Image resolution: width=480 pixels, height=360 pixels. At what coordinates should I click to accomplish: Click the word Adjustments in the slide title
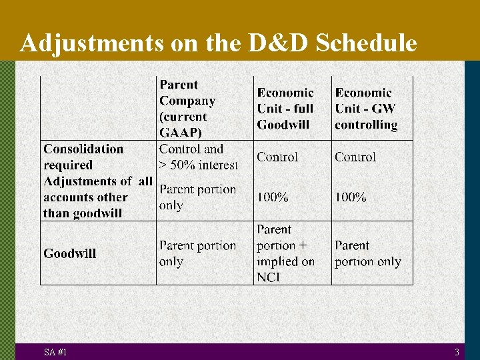[x=91, y=43]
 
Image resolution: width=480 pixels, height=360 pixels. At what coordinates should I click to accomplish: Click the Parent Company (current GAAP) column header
[x=187, y=109]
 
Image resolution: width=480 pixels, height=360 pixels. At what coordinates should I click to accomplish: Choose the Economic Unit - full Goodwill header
[x=285, y=109]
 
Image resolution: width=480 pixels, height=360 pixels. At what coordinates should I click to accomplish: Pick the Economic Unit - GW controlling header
[x=366, y=109]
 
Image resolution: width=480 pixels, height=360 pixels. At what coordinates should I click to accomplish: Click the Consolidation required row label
[x=83, y=157]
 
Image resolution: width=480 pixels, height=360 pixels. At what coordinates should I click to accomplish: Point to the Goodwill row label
[x=70, y=253]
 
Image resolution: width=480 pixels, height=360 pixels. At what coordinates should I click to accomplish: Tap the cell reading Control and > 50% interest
[x=198, y=157]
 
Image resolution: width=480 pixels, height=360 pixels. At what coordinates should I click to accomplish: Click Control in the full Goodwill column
[x=277, y=157]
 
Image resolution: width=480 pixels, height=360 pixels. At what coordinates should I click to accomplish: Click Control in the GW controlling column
[x=355, y=157]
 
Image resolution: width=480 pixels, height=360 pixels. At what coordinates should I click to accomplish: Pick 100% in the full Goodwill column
[x=273, y=197]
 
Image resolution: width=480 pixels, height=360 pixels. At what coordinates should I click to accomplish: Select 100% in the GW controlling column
[x=351, y=197]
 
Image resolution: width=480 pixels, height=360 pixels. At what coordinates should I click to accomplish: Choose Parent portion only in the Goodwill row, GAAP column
[x=197, y=253]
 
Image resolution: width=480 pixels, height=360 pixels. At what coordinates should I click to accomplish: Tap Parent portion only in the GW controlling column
[x=368, y=253]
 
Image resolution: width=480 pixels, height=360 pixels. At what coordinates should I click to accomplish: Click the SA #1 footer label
[x=55, y=352]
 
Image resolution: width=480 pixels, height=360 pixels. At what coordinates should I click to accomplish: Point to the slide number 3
[x=457, y=352]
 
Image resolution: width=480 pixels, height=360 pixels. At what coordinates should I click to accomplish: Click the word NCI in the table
[x=269, y=277]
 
